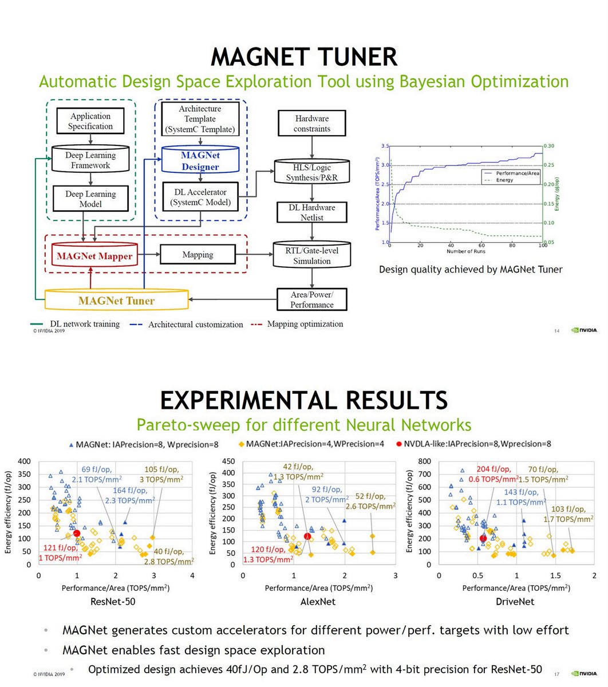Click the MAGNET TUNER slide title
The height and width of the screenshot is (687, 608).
(x=304, y=57)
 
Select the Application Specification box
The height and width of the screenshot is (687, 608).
(x=90, y=121)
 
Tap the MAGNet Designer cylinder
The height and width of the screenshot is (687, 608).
(x=200, y=161)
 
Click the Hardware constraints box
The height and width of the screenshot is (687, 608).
(x=312, y=124)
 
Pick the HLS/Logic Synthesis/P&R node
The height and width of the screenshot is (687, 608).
(x=312, y=172)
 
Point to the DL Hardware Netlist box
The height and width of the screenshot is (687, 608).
(x=312, y=212)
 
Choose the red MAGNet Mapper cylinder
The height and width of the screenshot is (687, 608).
(x=94, y=256)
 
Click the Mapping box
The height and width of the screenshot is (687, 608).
(x=198, y=254)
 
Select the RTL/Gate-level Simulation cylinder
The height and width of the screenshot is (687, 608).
(x=312, y=255)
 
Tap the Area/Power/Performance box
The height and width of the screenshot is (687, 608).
(x=312, y=299)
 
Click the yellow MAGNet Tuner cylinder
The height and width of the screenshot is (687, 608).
(x=116, y=301)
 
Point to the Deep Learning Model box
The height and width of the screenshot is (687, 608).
(x=90, y=199)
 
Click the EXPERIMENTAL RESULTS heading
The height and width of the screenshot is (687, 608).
(x=304, y=400)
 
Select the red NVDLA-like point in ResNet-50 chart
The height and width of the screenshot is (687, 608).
(x=77, y=534)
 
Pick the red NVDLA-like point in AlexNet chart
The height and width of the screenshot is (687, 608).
(x=307, y=536)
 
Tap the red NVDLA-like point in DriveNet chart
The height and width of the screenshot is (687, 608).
(x=483, y=538)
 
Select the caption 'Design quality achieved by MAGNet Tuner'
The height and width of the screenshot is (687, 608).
(x=471, y=270)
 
